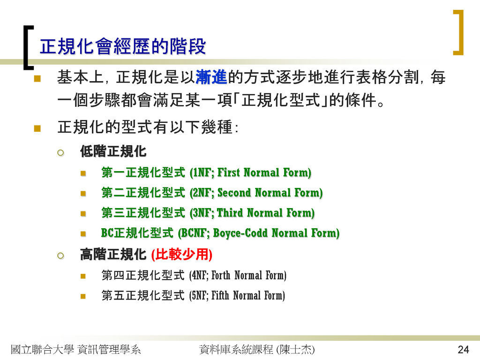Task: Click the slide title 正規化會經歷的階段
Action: [123, 46]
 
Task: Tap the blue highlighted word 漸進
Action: [211, 77]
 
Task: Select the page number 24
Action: [463, 349]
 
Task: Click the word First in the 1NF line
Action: [228, 172]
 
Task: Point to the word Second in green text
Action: [234, 193]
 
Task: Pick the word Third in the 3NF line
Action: [230, 213]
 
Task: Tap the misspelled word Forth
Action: [221, 275]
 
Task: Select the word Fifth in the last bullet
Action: [220, 295]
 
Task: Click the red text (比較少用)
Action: [182, 255]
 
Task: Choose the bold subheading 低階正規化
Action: [113, 151]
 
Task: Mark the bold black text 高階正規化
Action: [113, 255]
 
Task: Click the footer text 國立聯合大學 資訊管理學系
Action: [75, 349]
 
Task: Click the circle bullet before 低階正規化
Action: [60, 152]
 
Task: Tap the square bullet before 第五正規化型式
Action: [83, 296]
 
